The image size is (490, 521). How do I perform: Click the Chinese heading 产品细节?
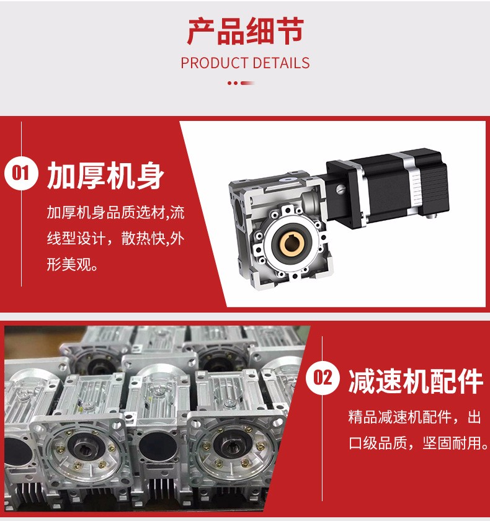point(245,32)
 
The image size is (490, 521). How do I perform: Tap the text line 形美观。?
point(73,266)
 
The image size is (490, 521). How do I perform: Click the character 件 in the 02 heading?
point(468,380)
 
